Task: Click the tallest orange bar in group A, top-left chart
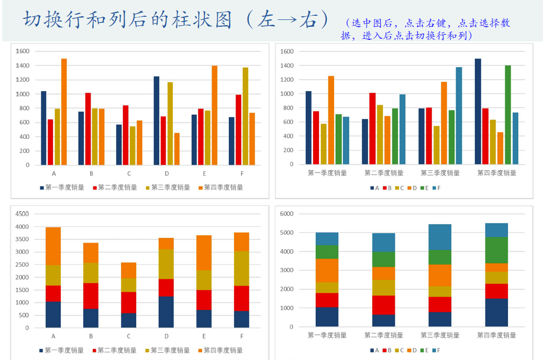[64, 112]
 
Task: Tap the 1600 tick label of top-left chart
[23, 51]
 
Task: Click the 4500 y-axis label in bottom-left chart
[23, 214]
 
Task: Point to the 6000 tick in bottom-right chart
[287, 214]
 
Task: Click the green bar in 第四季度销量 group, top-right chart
[507, 115]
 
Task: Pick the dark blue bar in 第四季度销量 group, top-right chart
[478, 111]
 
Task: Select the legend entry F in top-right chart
[436, 188]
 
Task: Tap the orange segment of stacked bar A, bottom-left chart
[53, 246]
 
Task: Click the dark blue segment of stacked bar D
[166, 312]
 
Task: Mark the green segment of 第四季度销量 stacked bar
[496, 250]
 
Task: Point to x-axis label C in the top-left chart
[129, 173]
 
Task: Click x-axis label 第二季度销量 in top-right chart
[383, 173]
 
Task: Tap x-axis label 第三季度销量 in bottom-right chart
[440, 335]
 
